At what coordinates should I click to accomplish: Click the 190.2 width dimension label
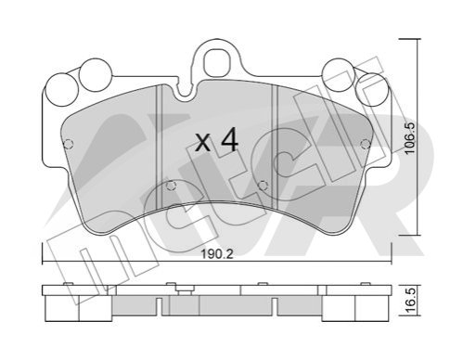217,254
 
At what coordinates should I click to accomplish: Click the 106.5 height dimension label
410,138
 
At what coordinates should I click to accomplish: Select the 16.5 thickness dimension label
411,301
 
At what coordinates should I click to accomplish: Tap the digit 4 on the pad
229,140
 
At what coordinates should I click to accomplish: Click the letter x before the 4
203,144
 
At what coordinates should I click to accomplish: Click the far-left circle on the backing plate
61,91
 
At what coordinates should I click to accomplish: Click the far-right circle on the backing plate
371,89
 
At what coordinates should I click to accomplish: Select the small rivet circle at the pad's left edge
68,144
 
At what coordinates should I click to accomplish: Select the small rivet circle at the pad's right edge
366,144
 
